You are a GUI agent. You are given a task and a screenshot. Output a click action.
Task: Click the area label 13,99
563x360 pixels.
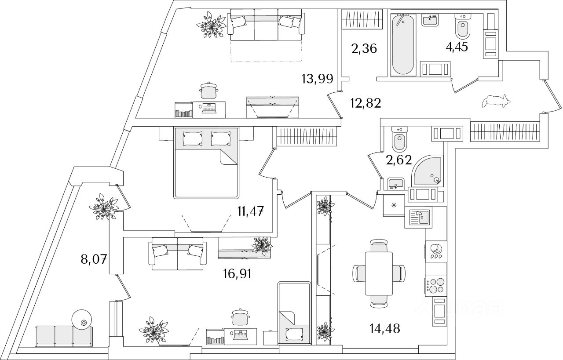coord(317,79)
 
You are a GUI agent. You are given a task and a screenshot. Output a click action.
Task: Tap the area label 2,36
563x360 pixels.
coord(364,48)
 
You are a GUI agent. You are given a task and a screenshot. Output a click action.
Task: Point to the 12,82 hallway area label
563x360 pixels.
coord(365,103)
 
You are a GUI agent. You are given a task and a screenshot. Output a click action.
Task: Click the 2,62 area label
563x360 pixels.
coord(398,160)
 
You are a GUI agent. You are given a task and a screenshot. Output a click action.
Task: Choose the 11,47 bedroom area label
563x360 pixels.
coord(250,212)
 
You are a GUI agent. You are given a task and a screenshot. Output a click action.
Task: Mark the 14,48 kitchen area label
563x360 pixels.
coord(385,328)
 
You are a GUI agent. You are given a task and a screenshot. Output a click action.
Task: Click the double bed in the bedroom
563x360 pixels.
coord(206,163)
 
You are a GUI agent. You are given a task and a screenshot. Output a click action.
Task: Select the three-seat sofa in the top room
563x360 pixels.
coord(266,25)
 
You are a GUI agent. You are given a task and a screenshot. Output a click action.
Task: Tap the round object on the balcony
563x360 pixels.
coord(82,320)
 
